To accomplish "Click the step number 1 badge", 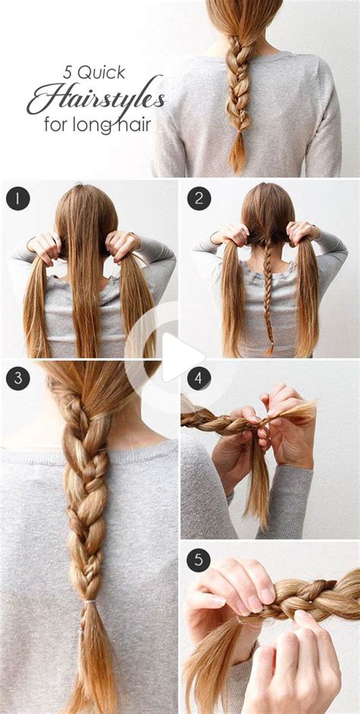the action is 17,198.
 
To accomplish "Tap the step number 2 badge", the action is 199,198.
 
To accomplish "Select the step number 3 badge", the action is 17,378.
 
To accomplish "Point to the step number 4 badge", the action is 199,378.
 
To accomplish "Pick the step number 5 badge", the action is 199,560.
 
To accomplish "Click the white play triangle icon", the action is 182,356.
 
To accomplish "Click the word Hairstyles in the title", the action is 95,96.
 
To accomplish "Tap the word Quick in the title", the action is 102,73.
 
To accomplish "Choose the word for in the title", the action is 56,124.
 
